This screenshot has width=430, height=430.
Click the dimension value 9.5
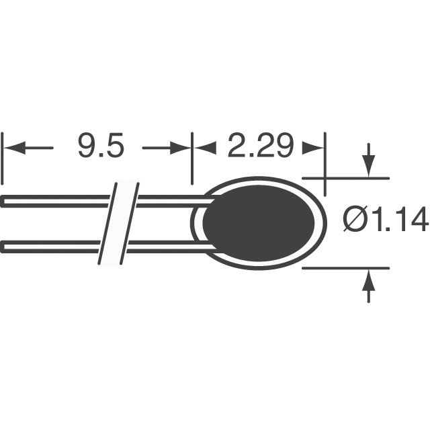click(x=101, y=147)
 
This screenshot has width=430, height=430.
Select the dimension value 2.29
click(x=259, y=147)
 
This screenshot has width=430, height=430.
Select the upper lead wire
click(x=60, y=200)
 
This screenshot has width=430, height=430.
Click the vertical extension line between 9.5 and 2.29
click(x=192, y=158)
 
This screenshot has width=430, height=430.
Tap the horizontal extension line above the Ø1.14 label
click(x=346, y=178)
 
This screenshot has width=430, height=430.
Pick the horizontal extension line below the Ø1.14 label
click(x=346, y=268)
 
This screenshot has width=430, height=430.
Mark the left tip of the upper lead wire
click(x=3, y=200)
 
